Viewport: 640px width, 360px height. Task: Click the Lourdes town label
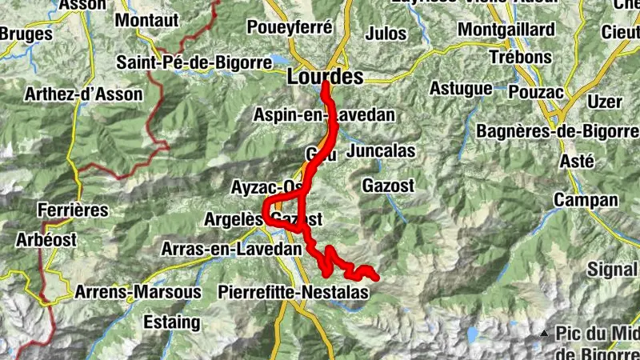click(324, 77)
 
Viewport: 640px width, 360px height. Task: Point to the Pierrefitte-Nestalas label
click(293, 293)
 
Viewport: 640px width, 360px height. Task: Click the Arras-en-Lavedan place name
click(232, 249)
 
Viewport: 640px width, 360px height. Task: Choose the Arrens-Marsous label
click(138, 292)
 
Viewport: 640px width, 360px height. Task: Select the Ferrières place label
click(72, 210)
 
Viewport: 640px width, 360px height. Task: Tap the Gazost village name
click(388, 185)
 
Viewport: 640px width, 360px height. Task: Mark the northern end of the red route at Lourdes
click(325, 85)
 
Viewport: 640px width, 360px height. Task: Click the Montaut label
click(146, 19)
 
